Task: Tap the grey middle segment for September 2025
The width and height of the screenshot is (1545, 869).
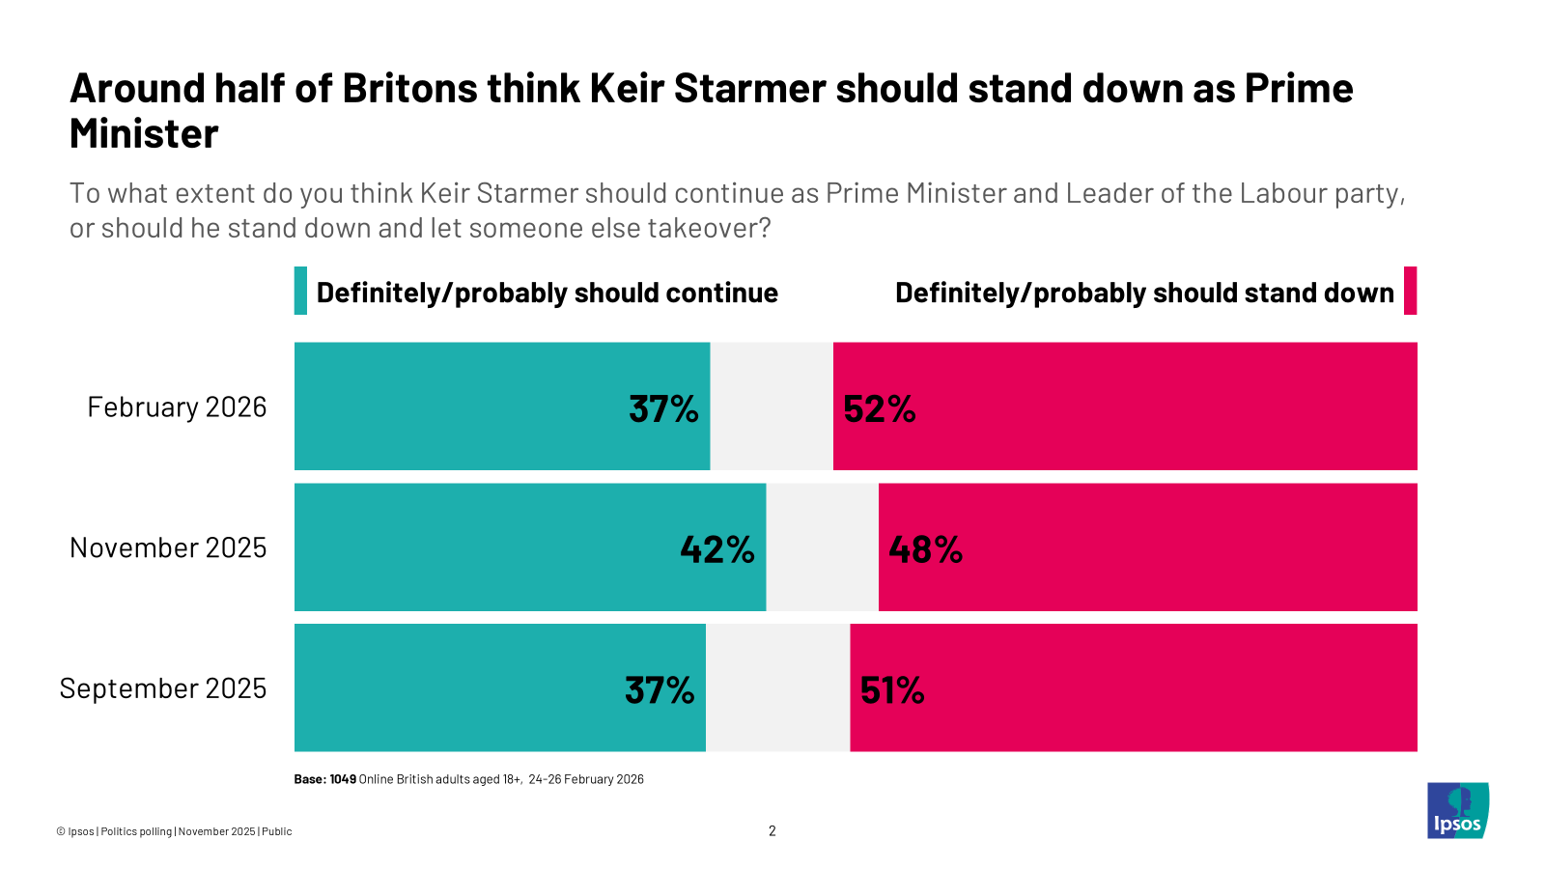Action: pos(777,687)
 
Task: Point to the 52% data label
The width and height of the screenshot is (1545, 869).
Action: pos(879,409)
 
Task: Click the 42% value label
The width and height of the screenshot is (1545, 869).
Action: pos(716,549)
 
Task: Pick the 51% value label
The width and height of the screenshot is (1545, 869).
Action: pos(892,690)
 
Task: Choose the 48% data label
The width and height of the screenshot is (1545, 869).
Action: pos(925,549)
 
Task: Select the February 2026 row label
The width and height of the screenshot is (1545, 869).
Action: pos(177,407)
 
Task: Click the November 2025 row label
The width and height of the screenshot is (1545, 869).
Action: pos(168,547)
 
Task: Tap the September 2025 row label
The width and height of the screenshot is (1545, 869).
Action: pos(162,688)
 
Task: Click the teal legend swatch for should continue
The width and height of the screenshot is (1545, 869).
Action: pos(300,291)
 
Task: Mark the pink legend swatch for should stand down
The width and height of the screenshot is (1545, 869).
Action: pos(1410,291)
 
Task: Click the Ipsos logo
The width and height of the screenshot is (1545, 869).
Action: pos(1458,810)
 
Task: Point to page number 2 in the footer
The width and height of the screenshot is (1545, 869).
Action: pos(772,831)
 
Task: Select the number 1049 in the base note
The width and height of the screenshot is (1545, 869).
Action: pos(343,779)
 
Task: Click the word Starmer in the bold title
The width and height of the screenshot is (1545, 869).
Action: pos(748,88)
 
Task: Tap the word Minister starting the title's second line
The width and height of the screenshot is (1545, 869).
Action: pos(144,133)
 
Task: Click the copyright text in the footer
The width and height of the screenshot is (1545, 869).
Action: pos(174,831)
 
